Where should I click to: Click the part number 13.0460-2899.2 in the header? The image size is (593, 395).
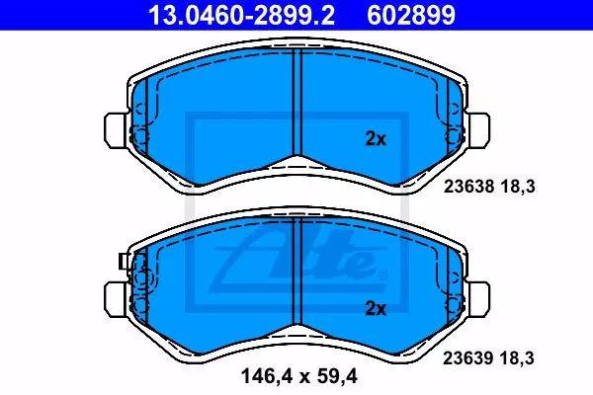tap(241, 15)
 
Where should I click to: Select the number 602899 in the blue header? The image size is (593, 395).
tap(411, 15)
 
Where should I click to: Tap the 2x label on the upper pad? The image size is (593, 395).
tap(376, 138)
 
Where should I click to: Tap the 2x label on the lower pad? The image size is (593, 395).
tap(376, 308)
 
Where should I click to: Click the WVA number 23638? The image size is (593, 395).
tap(468, 187)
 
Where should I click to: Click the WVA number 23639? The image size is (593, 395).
tap(468, 357)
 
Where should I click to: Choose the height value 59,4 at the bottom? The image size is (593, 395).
tap(338, 376)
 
